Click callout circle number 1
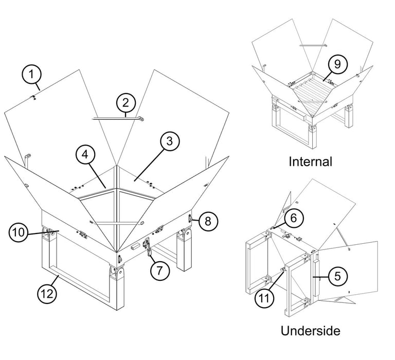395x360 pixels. click(x=31, y=75)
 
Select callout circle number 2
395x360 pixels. click(x=125, y=103)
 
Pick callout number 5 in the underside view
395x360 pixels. click(x=336, y=276)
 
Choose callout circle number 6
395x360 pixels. click(x=292, y=218)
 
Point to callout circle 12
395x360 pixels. click(x=47, y=294)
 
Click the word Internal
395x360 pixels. click(x=311, y=161)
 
